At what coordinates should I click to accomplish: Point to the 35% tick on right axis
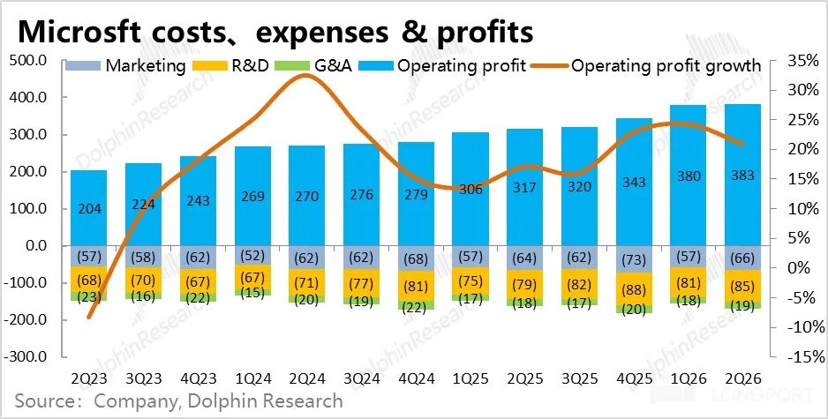pyautogui.click(x=792, y=61)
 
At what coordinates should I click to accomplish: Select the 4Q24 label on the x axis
pyautogui.click(x=416, y=378)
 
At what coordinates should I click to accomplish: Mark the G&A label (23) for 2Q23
pyautogui.click(x=88, y=297)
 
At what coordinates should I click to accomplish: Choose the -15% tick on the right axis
pyautogui.click(x=790, y=358)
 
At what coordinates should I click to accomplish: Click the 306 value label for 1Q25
pyautogui.click(x=470, y=189)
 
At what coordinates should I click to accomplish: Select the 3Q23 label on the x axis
pyautogui.click(x=143, y=378)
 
